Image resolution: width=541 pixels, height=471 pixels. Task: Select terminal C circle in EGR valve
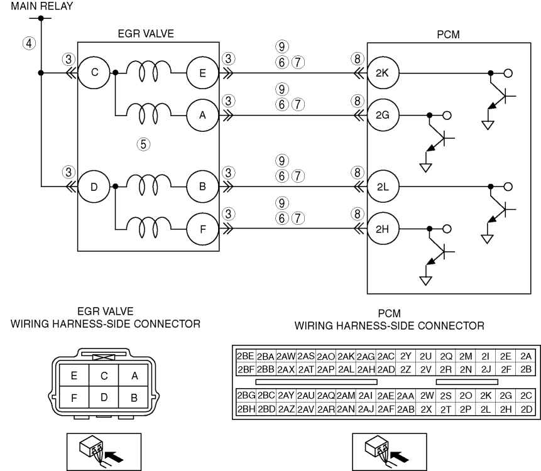(94, 73)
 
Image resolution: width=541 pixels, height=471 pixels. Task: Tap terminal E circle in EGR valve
(202, 73)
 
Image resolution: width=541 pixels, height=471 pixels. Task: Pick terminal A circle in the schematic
(202, 115)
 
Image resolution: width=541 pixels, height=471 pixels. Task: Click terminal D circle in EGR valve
(94, 187)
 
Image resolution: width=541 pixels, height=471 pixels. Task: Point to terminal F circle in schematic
(202, 229)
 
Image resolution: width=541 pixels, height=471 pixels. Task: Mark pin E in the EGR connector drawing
(74, 376)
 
